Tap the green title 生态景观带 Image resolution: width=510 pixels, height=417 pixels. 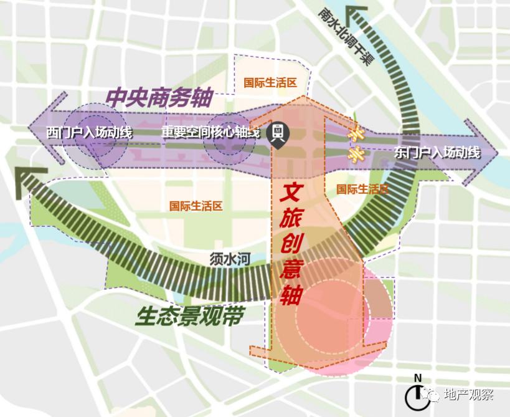pyautogui.click(x=188, y=317)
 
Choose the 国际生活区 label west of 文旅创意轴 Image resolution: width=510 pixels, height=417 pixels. pyautogui.click(x=196, y=206)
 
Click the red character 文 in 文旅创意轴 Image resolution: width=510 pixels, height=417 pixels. pyautogui.click(x=294, y=192)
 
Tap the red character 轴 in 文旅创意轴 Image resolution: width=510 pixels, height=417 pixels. pyautogui.click(x=291, y=294)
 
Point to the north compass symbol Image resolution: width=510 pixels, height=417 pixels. pyautogui.click(x=417, y=393)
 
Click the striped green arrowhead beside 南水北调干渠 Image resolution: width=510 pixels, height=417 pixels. pyautogui.click(x=359, y=13)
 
